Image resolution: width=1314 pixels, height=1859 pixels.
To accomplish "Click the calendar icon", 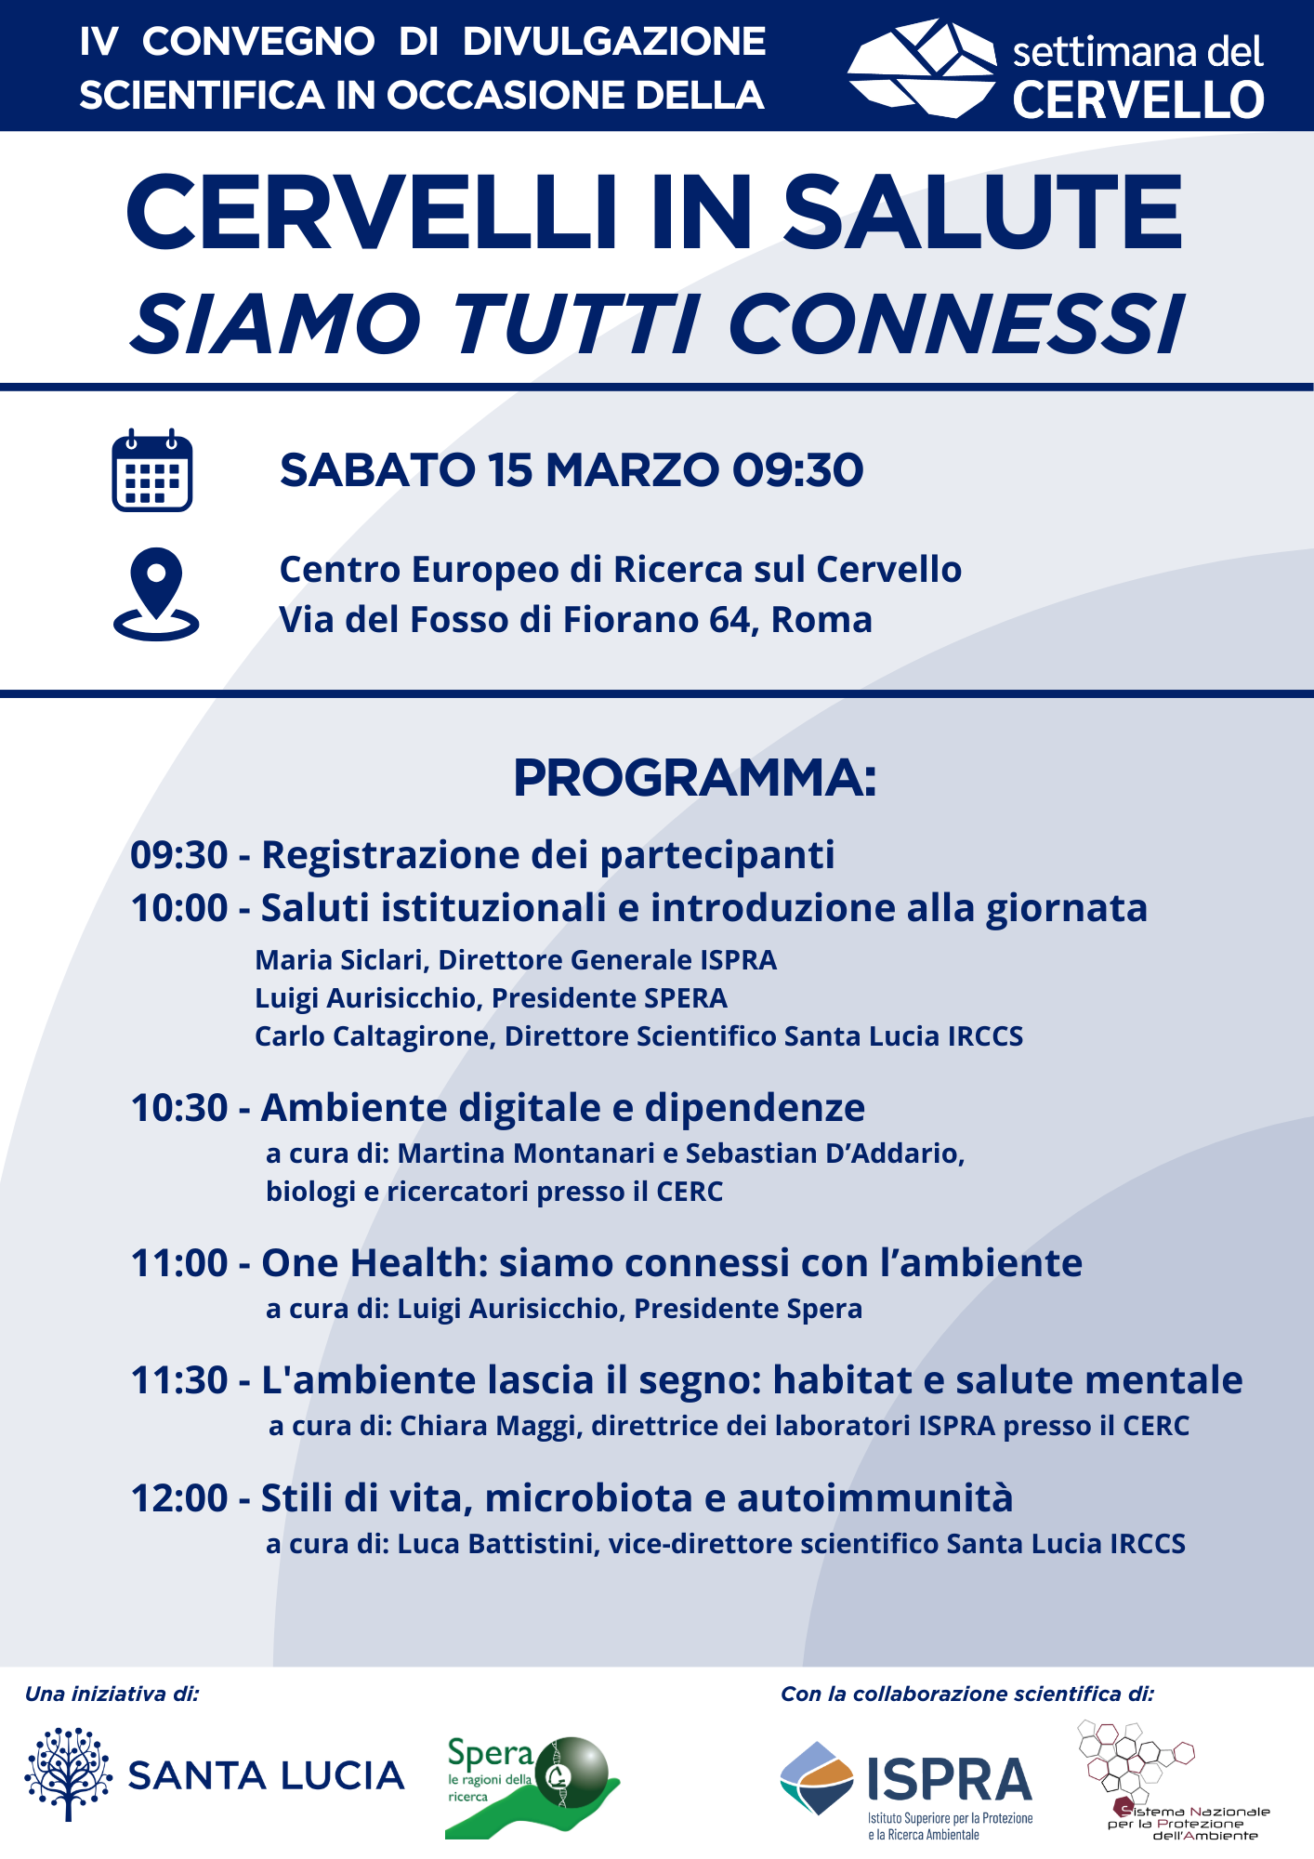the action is pyautogui.click(x=152, y=470).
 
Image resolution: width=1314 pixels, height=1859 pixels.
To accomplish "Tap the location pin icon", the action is pyautogui.click(x=156, y=594).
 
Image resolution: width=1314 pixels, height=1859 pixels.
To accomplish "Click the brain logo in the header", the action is pyautogui.click(x=923, y=69).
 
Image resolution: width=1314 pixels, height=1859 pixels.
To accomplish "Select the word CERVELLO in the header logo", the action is pyautogui.click(x=1138, y=100).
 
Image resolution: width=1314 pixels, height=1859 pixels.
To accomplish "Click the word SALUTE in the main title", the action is pyautogui.click(x=982, y=213).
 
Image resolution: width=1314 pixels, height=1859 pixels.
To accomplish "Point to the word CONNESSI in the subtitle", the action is pyautogui.click(x=955, y=324).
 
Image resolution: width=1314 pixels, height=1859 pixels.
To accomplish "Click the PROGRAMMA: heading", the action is pyautogui.click(x=694, y=778).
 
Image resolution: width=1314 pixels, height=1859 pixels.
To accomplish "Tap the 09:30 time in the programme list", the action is pyautogui.click(x=179, y=855).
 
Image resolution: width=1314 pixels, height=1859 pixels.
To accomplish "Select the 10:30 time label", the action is pyautogui.click(x=179, y=1108).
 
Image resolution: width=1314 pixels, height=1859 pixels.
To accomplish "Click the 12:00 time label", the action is pyautogui.click(x=179, y=1498).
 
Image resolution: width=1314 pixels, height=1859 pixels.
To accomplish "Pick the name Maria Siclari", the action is pyautogui.click(x=338, y=960).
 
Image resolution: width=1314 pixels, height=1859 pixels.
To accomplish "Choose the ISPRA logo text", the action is pyautogui.click(x=949, y=1780).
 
